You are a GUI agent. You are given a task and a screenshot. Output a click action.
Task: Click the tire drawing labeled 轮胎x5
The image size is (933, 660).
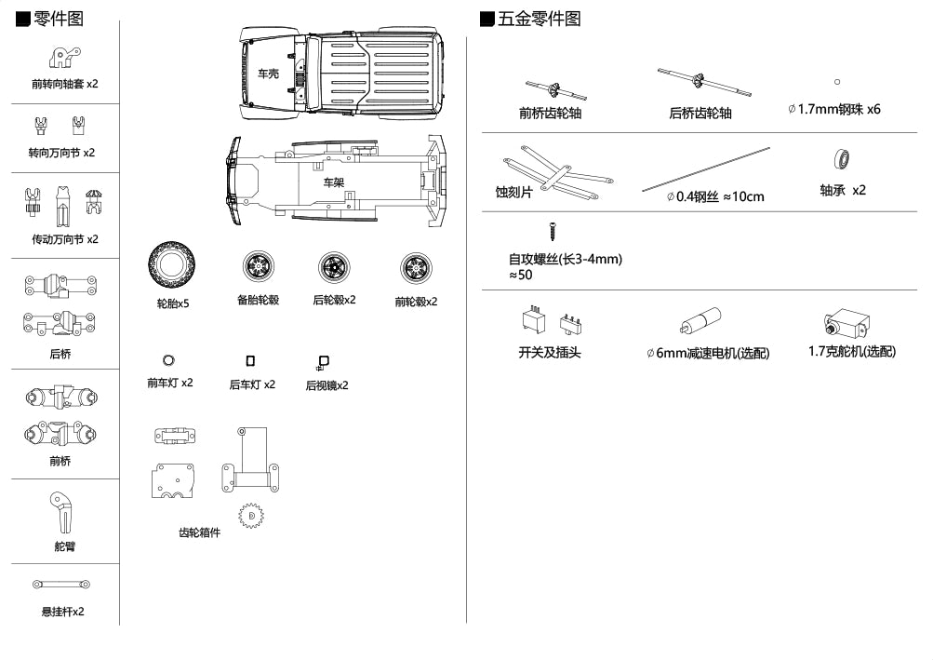(173, 268)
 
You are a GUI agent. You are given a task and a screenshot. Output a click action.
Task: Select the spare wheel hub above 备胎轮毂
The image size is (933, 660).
(258, 268)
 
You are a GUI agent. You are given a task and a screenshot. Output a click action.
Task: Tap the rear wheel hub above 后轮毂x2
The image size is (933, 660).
(335, 268)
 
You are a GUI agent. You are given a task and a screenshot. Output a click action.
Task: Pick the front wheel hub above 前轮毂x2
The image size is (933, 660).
(415, 269)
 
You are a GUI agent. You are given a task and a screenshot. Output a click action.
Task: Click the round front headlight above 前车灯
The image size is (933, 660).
(168, 360)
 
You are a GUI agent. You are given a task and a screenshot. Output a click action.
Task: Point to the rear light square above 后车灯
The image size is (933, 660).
(250, 360)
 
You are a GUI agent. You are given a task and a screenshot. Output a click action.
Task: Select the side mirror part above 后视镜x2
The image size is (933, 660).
(323, 363)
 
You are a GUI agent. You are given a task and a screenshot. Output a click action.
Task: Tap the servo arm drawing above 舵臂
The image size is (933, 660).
(62, 511)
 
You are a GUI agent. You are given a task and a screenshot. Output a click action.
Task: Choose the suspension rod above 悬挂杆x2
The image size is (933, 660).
(62, 585)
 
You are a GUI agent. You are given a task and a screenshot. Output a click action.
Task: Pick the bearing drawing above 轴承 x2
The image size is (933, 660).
(843, 159)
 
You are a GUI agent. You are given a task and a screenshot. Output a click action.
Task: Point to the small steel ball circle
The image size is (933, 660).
(837, 83)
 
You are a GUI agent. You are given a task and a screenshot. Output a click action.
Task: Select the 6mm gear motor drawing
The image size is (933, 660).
(700, 321)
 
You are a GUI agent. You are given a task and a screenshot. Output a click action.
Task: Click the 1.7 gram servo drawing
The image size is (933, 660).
(846, 323)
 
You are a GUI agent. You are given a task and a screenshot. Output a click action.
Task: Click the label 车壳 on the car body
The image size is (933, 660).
(268, 74)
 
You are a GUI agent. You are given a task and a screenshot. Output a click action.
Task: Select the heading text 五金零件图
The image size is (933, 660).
(540, 19)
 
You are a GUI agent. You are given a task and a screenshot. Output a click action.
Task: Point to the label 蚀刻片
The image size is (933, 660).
(514, 193)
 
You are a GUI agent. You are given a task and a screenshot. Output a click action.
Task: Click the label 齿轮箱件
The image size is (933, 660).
(199, 532)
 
